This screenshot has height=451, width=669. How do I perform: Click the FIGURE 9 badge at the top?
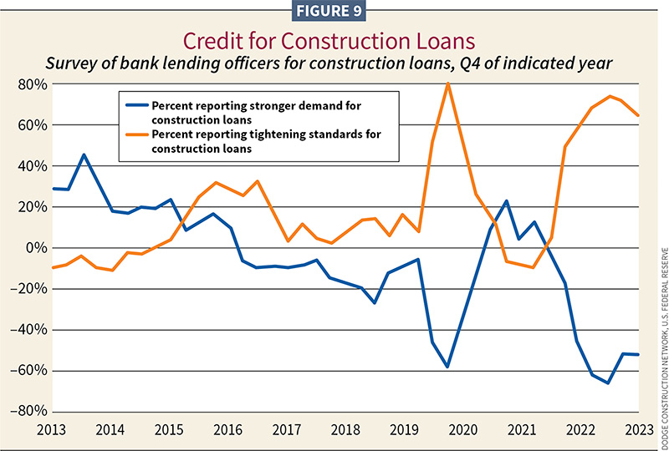click(334, 12)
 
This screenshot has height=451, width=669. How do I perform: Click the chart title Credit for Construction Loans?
click(334, 42)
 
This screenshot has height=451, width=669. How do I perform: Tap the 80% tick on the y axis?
click(28, 84)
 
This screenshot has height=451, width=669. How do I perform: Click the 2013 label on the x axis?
click(53, 430)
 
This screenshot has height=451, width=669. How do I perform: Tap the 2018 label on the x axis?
click(345, 430)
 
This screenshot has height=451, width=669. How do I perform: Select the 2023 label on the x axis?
click(637, 430)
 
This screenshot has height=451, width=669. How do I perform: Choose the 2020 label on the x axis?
click(462, 430)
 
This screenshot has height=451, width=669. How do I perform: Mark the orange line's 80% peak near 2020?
click(448, 83)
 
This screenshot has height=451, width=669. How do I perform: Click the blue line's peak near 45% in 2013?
click(84, 155)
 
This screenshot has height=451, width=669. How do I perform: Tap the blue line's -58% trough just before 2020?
click(448, 367)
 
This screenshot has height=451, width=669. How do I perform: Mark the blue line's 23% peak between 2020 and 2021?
click(506, 200)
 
